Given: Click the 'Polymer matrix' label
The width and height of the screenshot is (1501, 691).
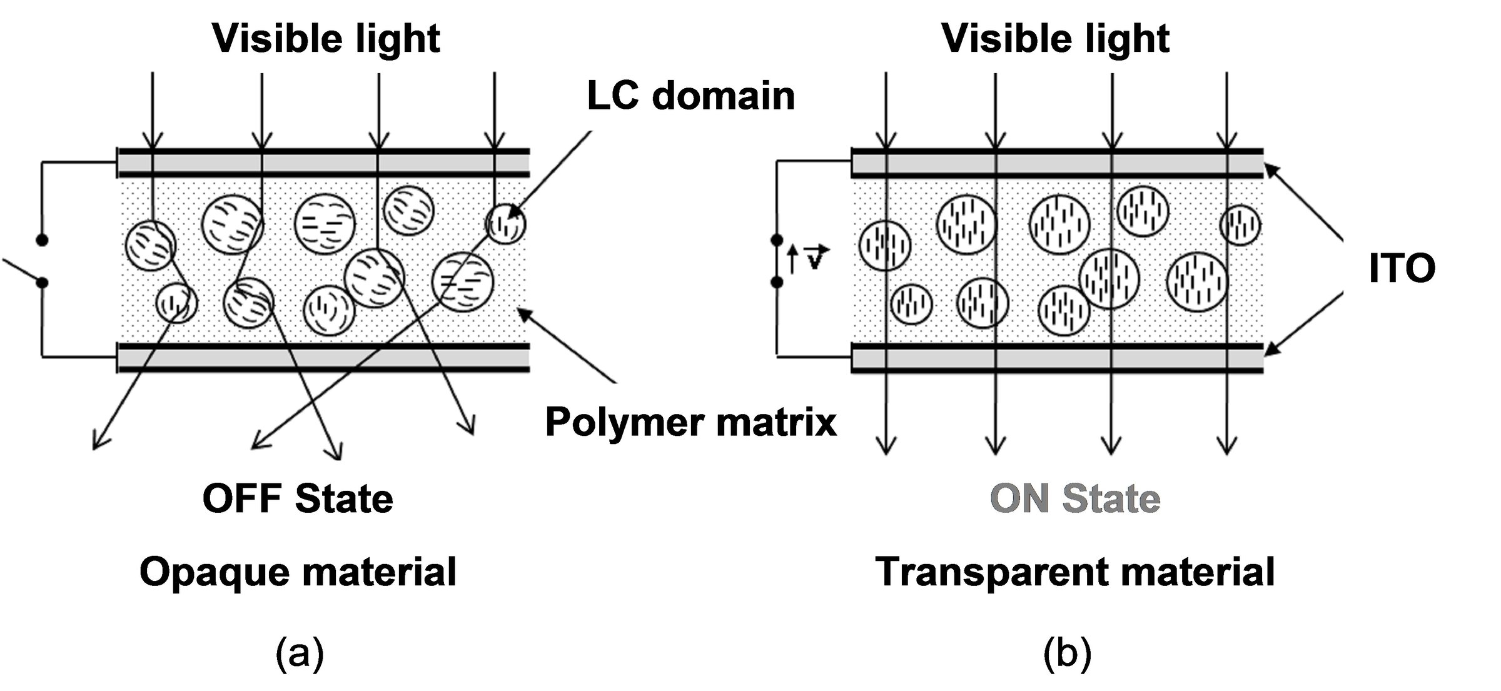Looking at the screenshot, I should [690, 422].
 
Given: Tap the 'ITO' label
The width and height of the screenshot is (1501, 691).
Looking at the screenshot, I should [1402, 268].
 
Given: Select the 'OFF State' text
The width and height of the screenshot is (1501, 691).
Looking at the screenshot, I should [298, 498].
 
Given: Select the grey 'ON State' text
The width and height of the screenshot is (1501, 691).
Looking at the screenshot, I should [1074, 498].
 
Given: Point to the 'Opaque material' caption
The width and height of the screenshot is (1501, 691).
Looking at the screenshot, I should [298, 572].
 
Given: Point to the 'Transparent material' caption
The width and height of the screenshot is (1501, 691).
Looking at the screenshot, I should [1074, 572].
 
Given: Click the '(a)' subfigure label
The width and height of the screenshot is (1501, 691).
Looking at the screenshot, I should [300, 653].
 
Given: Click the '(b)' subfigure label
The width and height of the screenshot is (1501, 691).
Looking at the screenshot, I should [1067, 653].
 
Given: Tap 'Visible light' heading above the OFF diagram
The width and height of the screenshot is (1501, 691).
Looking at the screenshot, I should [326, 39].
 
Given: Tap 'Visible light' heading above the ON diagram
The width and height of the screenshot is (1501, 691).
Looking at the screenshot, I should [1055, 39].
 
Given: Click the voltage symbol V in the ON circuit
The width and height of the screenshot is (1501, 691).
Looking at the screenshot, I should [814, 258].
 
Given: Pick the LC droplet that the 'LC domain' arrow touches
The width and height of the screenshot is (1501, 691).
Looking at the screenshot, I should [506, 224].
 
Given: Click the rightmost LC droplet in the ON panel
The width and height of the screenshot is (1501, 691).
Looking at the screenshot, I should [1240, 225].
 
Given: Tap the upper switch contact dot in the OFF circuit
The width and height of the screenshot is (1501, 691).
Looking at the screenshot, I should [42, 240].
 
